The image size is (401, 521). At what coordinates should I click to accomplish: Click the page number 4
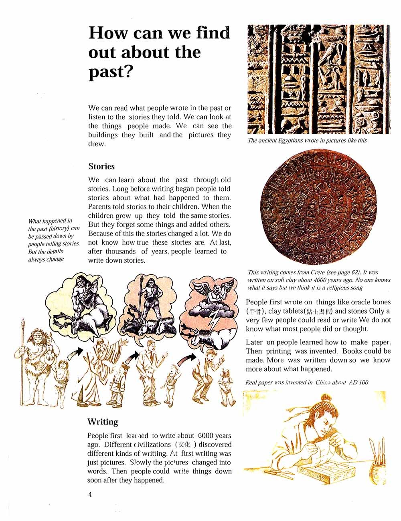[x=90, y=494]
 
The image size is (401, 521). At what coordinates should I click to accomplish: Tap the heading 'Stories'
[x=101, y=166]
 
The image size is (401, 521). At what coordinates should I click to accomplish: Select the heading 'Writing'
[x=103, y=421]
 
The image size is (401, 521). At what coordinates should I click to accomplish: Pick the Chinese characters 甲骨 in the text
[x=255, y=311]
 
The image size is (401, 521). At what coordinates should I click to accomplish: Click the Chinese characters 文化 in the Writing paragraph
[x=185, y=445]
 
